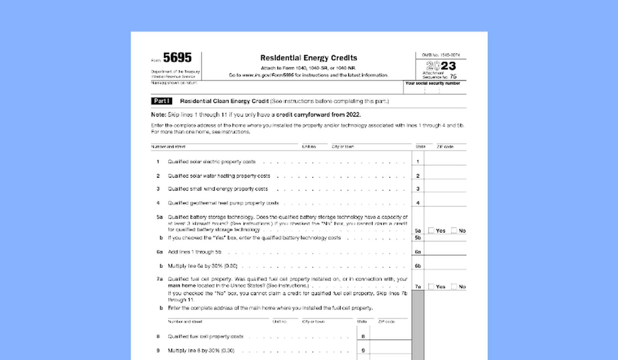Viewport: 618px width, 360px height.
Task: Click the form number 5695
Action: [x=177, y=58]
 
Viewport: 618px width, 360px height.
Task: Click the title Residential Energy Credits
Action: [x=309, y=58]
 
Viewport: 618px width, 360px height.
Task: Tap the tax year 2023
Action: [x=441, y=66]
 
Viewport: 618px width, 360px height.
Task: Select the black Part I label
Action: [x=162, y=101]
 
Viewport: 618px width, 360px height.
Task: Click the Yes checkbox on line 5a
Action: [x=431, y=231]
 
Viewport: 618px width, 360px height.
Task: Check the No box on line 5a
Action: [x=454, y=231]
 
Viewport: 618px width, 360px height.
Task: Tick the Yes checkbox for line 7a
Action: [x=431, y=286]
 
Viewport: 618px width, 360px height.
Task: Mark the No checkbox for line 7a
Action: [x=454, y=286]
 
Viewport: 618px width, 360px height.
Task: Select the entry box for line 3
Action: [x=445, y=188]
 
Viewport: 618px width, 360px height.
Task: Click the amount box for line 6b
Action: [x=445, y=265]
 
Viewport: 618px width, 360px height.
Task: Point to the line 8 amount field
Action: [x=390, y=336]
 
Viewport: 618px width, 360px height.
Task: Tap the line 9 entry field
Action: [x=390, y=350]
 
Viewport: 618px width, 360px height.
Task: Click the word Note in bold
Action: [x=158, y=115]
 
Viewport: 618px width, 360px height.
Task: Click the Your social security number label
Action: [x=433, y=83]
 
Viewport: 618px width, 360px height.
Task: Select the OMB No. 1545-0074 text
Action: [x=441, y=55]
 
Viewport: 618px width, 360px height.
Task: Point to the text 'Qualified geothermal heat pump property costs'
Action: [x=223, y=203]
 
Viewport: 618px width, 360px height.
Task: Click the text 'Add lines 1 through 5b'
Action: [x=195, y=252]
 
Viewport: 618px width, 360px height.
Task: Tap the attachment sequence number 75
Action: [x=453, y=76]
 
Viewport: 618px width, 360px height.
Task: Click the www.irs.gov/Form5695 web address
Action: [x=268, y=75]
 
